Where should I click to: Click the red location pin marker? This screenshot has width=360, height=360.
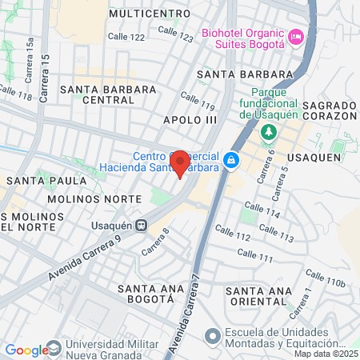[x=180, y=162]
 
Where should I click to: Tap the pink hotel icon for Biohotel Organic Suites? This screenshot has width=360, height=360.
[x=296, y=37]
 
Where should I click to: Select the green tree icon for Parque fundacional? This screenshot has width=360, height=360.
[x=270, y=130]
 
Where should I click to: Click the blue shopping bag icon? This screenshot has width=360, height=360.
[x=230, y=161]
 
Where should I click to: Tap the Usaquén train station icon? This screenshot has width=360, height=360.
[x=141, y=226]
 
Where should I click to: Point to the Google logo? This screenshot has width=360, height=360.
[x=27, y=350]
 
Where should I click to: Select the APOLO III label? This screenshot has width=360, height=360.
[x=190, y=119]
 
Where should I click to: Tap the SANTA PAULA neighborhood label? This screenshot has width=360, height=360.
[x=35, y=181]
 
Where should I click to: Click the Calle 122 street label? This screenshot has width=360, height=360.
[x=127, y=37]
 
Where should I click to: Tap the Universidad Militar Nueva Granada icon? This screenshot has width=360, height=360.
[x=54, y=349]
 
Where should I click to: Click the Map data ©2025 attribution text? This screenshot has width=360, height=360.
[x=326, y=354]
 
